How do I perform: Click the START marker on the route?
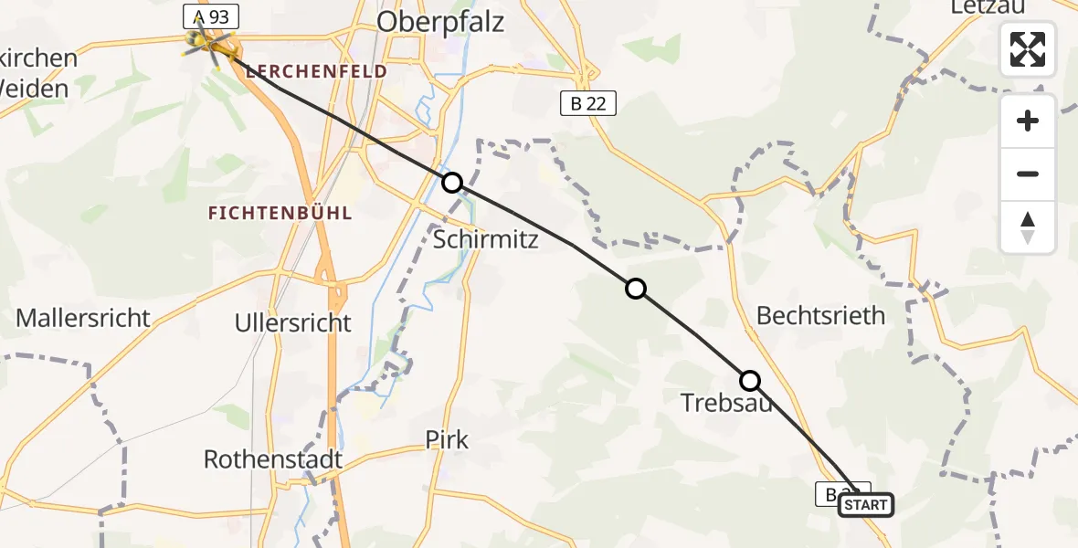coord(864,505)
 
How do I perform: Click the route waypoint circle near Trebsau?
coord(749,380)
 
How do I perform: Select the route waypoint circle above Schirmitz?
coord(451,183)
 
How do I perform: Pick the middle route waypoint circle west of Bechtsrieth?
coord(635,289)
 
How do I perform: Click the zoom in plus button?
coord(1028,121)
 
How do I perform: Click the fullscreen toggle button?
coord(1028,49)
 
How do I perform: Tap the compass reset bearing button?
coord(1028,227)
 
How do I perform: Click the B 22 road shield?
coord(588,104)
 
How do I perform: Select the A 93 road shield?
coord(211,16)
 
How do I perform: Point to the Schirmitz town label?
coord(486,239)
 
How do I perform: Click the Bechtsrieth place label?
coord(821,316)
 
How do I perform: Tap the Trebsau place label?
coord(726,401)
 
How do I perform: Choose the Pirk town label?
coord(447,439)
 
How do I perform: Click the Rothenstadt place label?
coord(273,458)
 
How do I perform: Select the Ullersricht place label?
coord(292,323)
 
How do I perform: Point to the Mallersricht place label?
coord(83,319)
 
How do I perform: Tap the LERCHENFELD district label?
coord(317,71)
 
